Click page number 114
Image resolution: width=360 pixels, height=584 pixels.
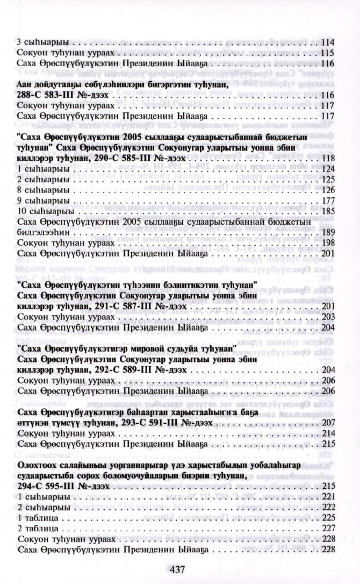328,42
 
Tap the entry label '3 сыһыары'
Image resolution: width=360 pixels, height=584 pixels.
38,42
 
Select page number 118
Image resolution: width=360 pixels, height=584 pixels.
328,158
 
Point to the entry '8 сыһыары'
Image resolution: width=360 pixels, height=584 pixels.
38,190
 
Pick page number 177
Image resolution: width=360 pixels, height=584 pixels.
328,201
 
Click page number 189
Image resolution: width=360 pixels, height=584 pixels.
328,233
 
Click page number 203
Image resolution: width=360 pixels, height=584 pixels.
328,317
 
